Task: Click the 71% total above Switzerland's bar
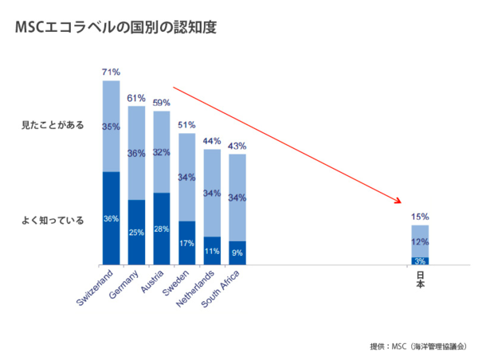[x=111, y=72]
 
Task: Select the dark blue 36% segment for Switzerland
[x=111, y=217]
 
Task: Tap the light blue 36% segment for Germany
[x=136, y=153]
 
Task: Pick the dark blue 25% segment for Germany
[x=136, y=232]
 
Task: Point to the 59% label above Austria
[x=162, y=103]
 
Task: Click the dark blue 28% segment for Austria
[x=162, y=229]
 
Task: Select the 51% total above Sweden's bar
[x=187, y=125]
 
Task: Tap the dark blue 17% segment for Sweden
[x=187, y=243]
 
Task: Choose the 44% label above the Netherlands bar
[x=213, y=141]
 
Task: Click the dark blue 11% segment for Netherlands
[x=213, y=251]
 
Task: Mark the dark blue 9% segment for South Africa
[x=237, y=252]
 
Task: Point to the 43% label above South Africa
[x=237, y=146]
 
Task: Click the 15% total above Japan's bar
[x=421, y=216]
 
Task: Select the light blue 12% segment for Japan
[x=421, y=241]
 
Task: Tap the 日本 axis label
[x=421, y=280]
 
